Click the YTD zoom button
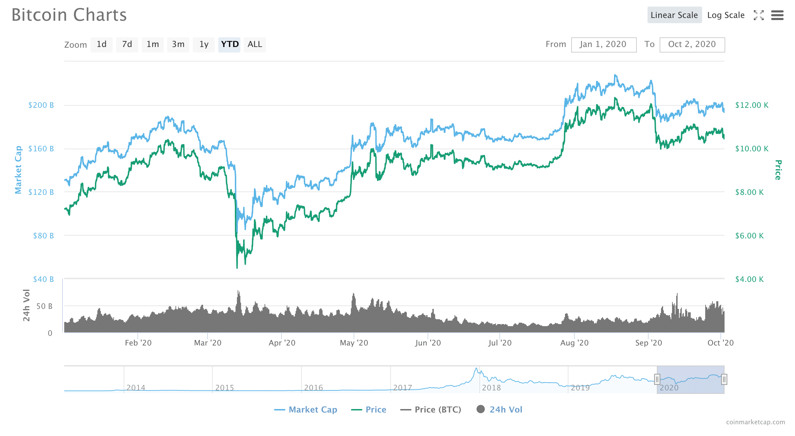[229, 45]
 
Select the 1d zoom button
[102, 45]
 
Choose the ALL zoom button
[255, 45]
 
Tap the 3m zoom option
[178, 45]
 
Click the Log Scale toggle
[726, 15]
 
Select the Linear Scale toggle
[674, 15]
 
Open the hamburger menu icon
[777, 15]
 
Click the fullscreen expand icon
[758, 15]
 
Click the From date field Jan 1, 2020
[603, 45]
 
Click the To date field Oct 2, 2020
[692, 45]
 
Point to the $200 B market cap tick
[41, 105]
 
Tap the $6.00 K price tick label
[749, 236]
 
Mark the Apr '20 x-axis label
[282, 343]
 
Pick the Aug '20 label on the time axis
[574, 343]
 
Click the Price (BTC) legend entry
[431, 410]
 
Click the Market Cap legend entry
[306, 410]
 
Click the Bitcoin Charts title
[69, 15]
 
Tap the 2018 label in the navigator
[491, 388]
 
